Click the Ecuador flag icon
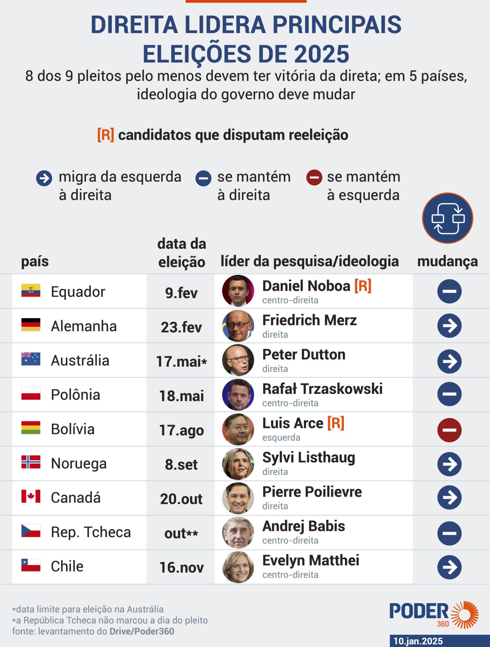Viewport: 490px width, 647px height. tap(31, 290)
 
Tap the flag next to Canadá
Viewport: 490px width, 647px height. tap(31, 496)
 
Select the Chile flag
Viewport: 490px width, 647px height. tap(31, 565)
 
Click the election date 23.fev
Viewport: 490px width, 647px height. tap(181, 327)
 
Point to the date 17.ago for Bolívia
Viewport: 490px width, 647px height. tap(181, 430)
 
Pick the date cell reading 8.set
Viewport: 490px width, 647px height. tap(181, 464)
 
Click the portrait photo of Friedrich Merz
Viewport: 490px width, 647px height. tap(238, 326)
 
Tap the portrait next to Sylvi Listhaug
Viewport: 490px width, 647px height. tap(238, 464)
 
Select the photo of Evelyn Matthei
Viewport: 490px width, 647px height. tap(238, 567)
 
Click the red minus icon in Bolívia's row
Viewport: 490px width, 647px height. tap(449, 430)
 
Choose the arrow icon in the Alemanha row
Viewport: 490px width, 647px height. tap(449, 326)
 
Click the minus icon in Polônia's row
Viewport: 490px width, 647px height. tap(449, 394)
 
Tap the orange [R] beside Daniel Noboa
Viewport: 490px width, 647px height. tap(363, 286)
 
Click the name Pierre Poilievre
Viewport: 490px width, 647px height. tap(312, 492)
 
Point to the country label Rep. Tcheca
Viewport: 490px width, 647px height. tap(91, 532)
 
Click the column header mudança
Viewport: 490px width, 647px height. tap(447, 262)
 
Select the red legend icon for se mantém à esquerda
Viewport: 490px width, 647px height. tap(314, 178)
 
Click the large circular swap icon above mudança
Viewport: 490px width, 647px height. tap(447, 218)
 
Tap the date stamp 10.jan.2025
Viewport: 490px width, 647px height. tap(418, 641)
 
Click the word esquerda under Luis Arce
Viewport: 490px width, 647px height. tap(281, 438)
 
